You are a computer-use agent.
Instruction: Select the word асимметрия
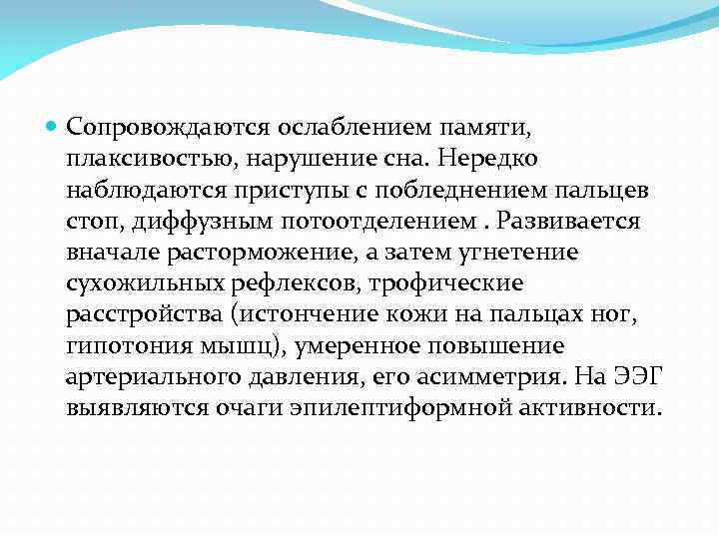point(498,379)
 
